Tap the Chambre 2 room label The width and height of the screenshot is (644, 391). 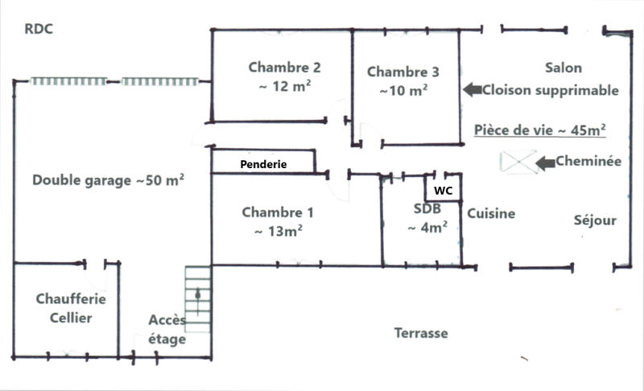click(279, 77)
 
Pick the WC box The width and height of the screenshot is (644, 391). click(442, 190)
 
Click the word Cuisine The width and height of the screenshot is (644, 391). click(491, 214)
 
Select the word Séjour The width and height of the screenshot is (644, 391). click(595, 220)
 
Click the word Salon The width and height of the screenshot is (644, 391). click(563, 68)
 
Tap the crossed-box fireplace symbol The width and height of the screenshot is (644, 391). click(518, 162)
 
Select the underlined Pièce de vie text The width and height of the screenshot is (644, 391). click(540, 129)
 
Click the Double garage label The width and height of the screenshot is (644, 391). click(109, 180)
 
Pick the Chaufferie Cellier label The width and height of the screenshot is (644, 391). click(64, 308)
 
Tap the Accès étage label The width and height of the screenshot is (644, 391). click(167, 330)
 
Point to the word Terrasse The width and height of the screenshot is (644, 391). click(420, 333)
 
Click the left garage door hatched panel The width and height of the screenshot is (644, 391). click(69, 81)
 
